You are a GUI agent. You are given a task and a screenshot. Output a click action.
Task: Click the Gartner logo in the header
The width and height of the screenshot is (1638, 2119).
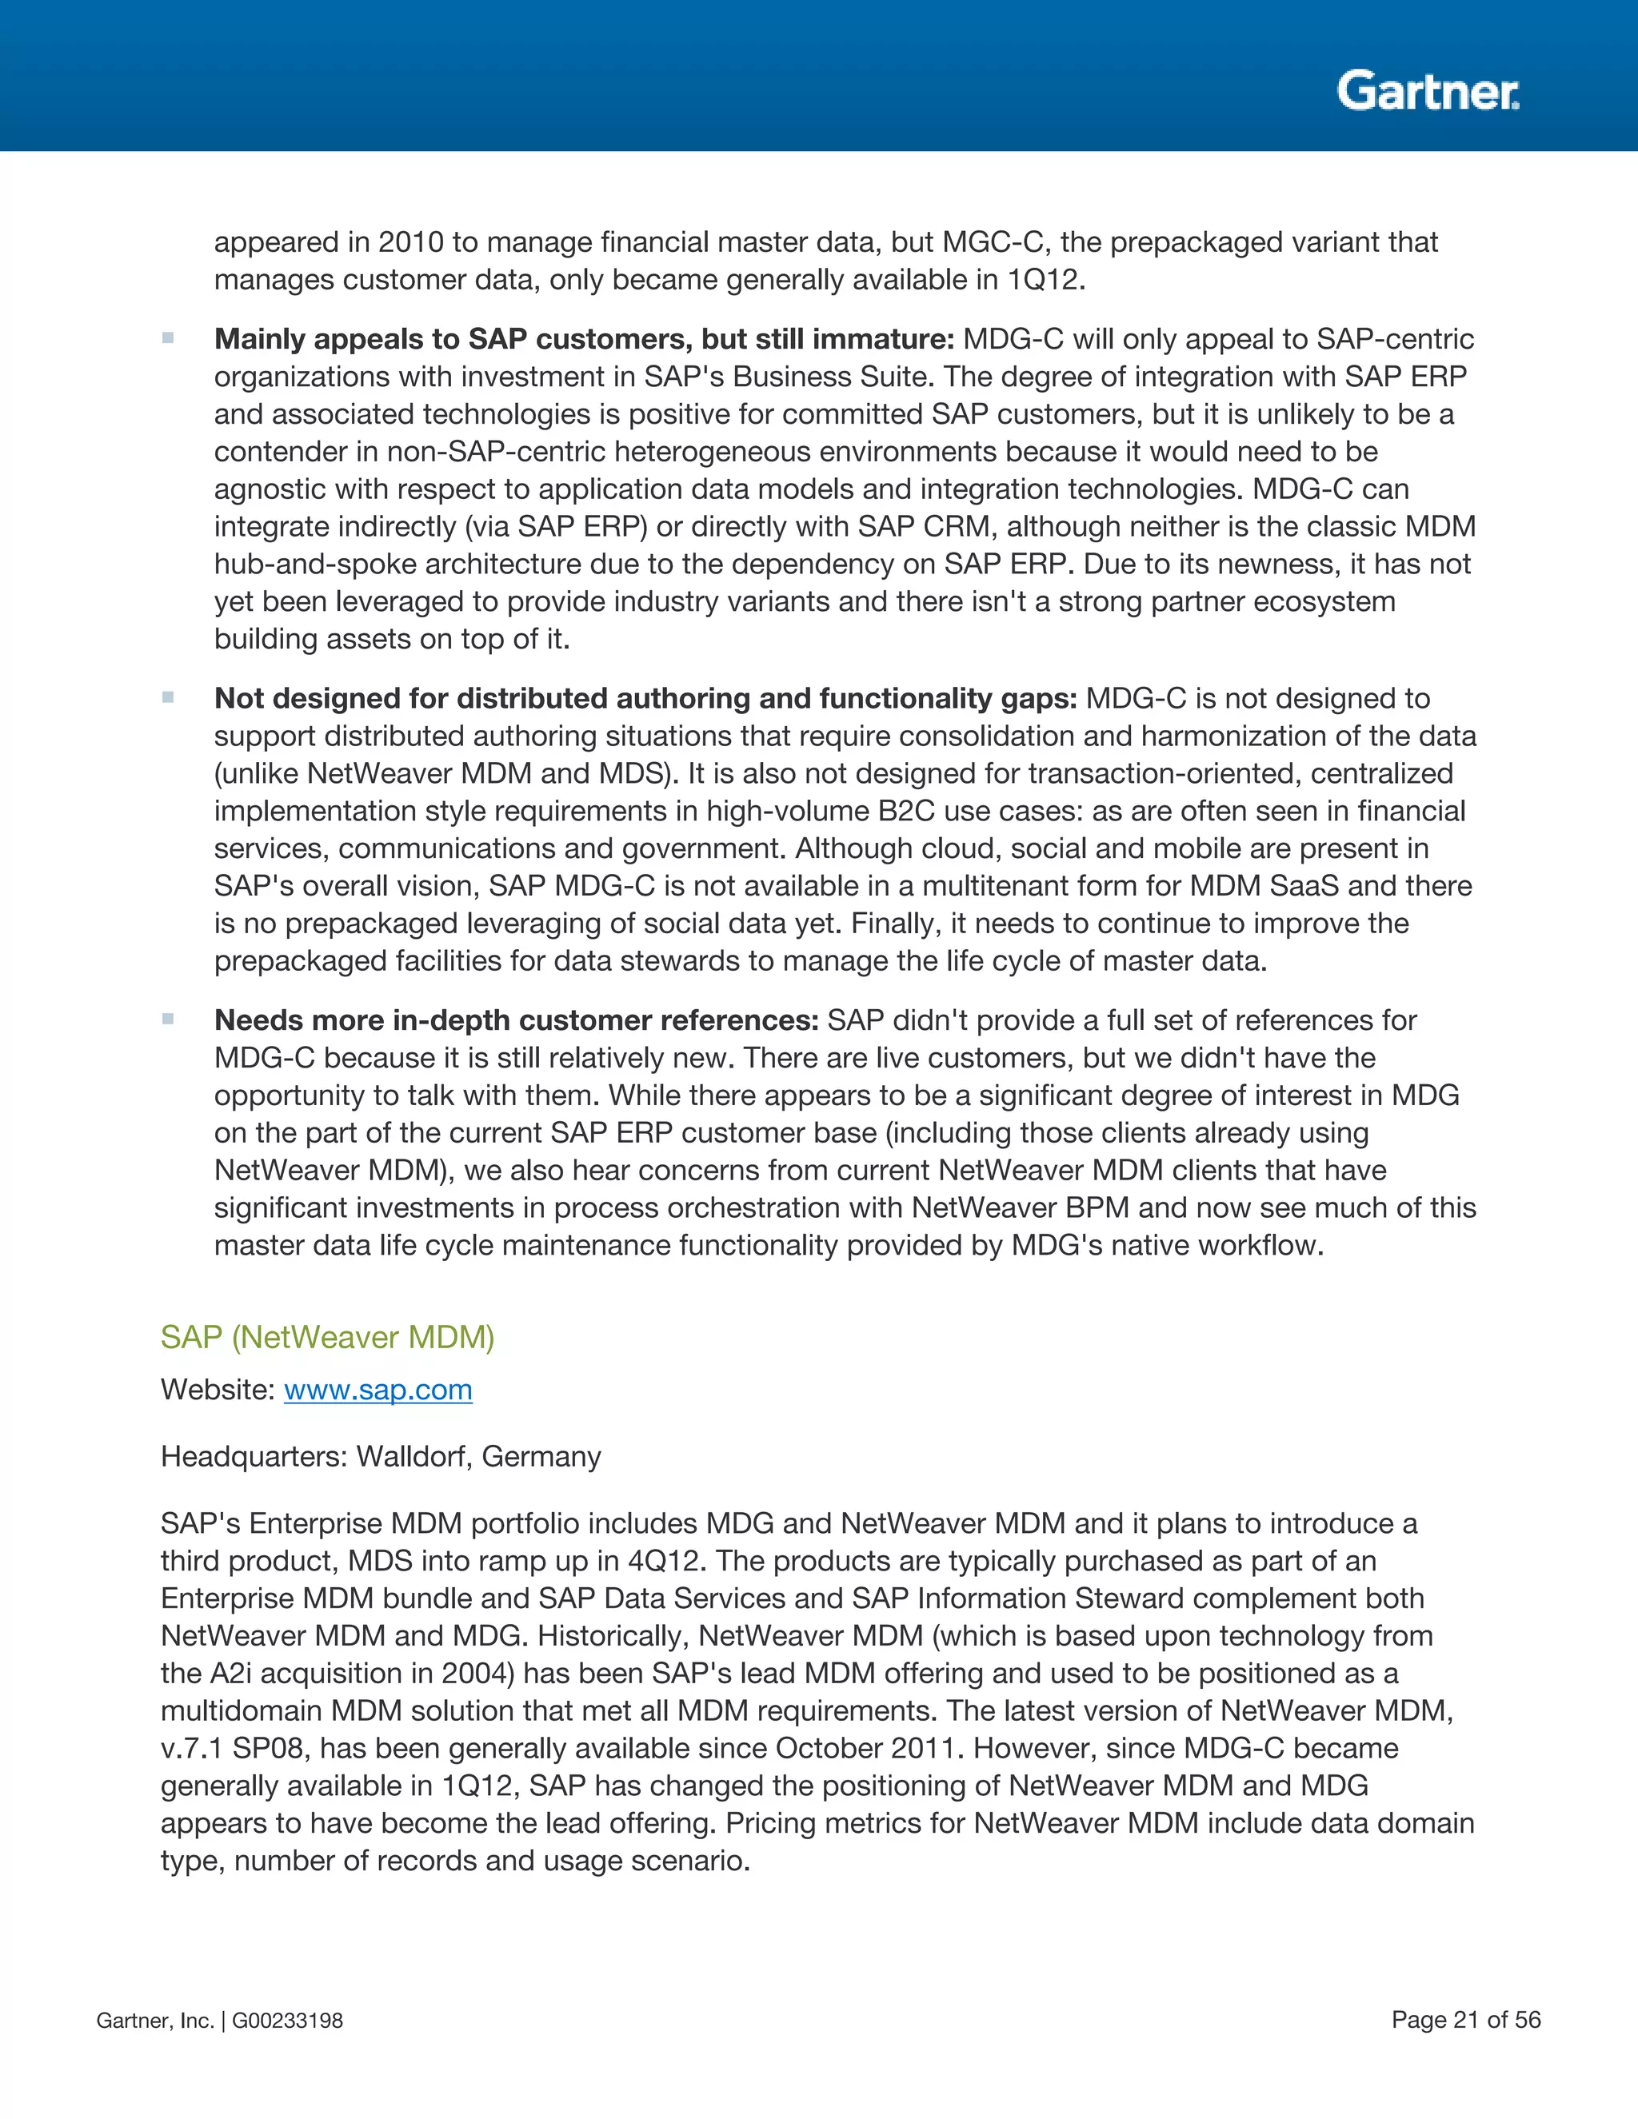pos(1428,92)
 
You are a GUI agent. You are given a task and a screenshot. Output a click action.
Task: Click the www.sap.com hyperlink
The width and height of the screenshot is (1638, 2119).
pos(378,1390)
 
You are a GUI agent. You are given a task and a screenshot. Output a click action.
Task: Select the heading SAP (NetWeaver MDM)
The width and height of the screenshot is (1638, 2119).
pos(327,1337)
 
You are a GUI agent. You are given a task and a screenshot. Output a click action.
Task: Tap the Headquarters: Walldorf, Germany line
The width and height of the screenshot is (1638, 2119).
pos(381,1456)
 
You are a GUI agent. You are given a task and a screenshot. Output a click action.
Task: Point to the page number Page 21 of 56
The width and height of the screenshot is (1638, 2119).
pos(1465,2019)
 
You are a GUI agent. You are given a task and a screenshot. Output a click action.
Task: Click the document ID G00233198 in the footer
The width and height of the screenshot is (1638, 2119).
pos(287,2020)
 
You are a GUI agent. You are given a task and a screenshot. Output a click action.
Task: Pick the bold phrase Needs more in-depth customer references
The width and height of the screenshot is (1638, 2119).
pos(516,1020)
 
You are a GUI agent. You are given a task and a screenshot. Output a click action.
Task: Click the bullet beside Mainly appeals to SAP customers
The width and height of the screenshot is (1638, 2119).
pos(168,338)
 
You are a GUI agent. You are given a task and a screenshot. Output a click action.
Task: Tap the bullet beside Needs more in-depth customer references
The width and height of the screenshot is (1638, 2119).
pos(168,1020)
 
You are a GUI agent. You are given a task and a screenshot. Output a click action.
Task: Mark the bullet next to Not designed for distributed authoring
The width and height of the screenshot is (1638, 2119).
pos(168,697)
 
